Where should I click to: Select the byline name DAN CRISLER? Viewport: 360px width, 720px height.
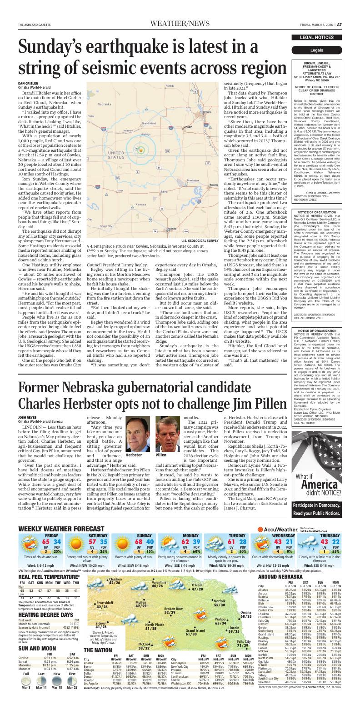point(28,84)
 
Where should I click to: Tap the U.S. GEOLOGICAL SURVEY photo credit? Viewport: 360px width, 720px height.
point(200,240)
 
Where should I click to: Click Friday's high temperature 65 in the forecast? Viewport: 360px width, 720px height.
point(46,542)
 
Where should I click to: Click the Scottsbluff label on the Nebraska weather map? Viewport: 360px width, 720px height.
point(105,604)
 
